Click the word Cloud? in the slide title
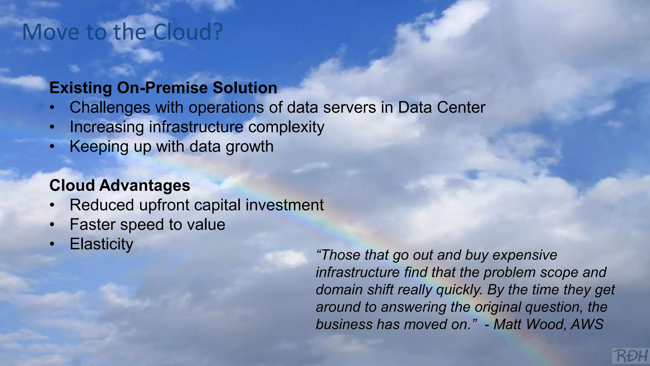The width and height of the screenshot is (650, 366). coord(188,32)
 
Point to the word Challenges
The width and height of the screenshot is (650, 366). coord(110,108)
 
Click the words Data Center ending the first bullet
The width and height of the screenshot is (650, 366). coord(441,107)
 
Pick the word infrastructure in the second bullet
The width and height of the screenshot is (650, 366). coord(196,127)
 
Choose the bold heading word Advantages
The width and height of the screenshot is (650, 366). coord(144,186)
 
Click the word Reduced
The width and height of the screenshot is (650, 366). coord(102,205)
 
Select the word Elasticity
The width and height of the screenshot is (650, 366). coord(102,244)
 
